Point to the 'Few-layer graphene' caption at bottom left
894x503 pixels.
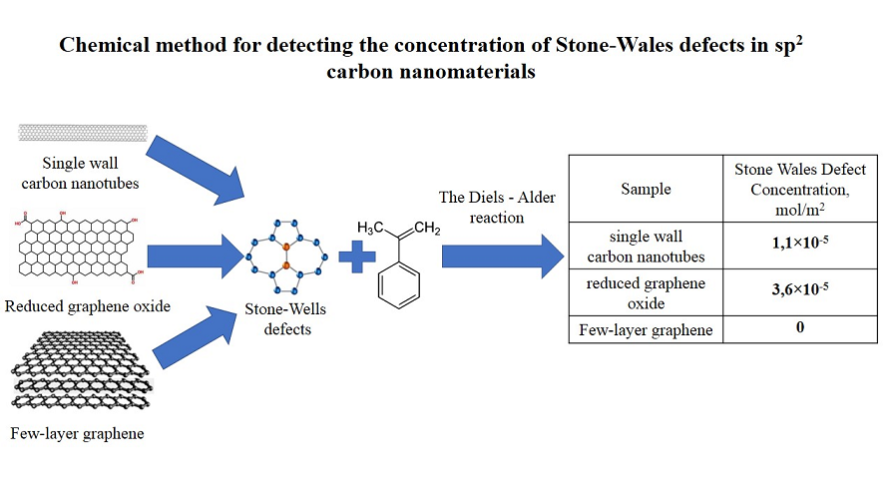[x=77, y=433]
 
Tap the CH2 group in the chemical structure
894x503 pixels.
[x=425, y=228]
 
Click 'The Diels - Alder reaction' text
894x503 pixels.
[x=495, y=207]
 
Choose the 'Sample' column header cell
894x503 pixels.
[x=646, y=188]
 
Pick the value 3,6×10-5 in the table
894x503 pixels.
[x=800, y=291]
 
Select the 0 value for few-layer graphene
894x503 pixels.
[x=800, y=327]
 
